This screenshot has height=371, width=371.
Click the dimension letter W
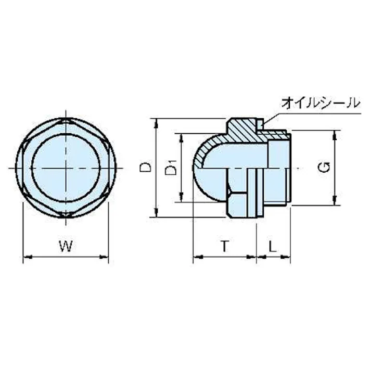pos(65,247)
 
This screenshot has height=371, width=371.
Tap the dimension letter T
pos(224,247)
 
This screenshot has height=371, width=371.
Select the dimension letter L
pos(273,247)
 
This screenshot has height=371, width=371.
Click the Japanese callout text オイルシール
pos(320,103)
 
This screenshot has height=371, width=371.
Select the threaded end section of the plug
pos(278,167)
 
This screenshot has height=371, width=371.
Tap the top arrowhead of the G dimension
pos(335,133)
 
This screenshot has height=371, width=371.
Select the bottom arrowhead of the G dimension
pos(335,202)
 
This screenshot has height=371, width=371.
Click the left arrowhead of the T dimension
pos(196,256)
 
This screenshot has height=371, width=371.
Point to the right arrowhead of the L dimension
pos(288,256)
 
